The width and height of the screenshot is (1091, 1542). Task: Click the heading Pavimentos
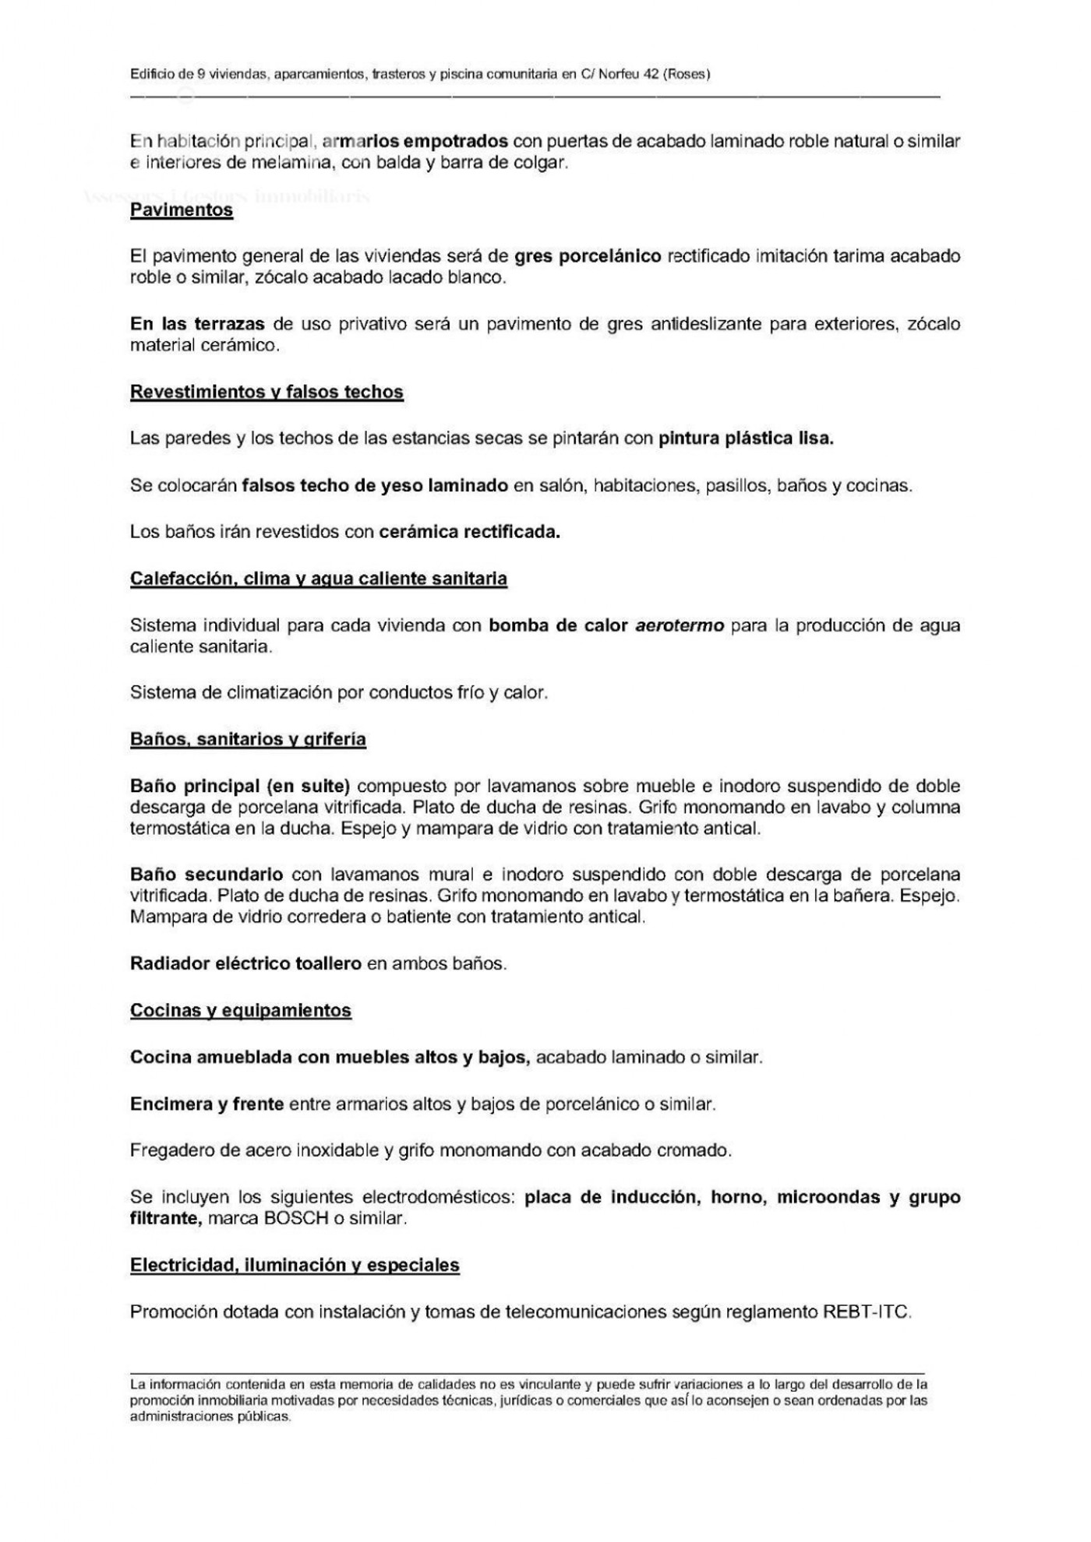182,210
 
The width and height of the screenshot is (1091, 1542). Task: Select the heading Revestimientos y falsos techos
267,392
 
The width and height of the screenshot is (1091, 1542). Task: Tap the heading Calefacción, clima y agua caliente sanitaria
319,579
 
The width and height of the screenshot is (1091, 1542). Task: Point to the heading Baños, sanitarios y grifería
248,739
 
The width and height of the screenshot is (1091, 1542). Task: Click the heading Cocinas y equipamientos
241,1010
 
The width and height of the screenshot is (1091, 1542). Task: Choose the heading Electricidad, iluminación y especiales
295,1266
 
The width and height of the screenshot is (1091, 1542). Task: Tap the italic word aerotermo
680,625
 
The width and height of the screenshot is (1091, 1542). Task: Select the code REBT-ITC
865,1312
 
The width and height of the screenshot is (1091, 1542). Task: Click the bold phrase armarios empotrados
415,142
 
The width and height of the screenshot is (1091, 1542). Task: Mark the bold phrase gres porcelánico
588,256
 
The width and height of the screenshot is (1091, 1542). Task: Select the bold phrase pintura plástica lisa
746,438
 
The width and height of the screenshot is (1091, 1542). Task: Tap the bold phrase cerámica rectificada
469,532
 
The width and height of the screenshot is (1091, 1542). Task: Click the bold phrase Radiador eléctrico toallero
245,963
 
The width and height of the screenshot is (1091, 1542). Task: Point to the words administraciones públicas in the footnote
210,1417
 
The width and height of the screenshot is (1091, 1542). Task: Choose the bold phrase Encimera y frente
207,1104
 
